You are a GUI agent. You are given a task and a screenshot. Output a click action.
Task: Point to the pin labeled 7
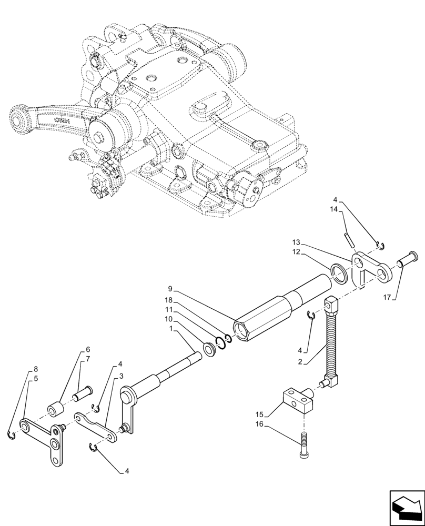click(83, 392)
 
